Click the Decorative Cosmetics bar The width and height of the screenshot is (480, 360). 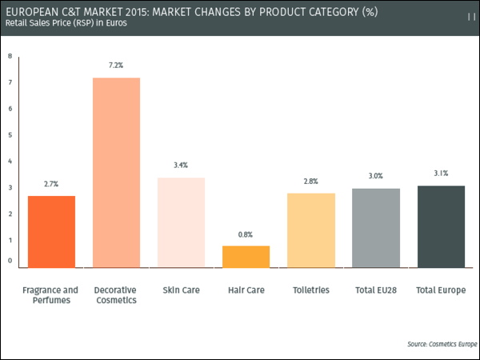click(117, 172)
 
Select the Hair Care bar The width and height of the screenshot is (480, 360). click(246, 256)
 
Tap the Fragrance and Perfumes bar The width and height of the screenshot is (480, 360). click(52, 231)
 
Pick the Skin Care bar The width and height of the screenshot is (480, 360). click(182, 222)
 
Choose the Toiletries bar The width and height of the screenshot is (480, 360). click(311, 230)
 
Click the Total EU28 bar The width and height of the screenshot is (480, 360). click(376, 227)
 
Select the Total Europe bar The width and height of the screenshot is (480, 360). click(441, 226)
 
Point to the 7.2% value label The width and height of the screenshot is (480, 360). click(117, 66)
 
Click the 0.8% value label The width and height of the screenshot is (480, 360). click(246, 234)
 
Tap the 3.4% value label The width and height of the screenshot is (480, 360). click(181, 166)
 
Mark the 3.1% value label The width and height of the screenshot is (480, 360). click(441, 173)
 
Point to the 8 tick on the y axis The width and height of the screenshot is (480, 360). click(10, 56)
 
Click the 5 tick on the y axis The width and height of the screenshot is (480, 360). click(10, 134)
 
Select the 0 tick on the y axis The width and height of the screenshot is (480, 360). click(10, 260)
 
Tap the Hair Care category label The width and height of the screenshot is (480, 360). click(246, 290)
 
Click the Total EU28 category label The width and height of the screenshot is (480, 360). click(375, 290)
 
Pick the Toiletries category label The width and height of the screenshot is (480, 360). click(310, 290)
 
